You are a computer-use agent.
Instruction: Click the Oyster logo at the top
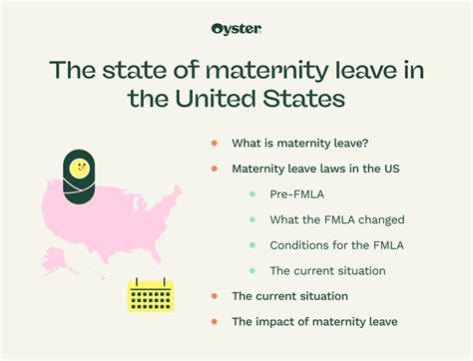pyautogui.click(x=236, y=28)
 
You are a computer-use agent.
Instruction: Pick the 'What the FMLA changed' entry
pyautogui.click(x=336, y=219)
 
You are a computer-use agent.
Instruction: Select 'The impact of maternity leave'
pyautogui.click(x=313, y=321)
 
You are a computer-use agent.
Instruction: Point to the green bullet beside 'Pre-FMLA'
pyautogui.click(x=252, y=194)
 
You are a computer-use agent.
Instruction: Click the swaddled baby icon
pyautogui.click(x=80, y=178)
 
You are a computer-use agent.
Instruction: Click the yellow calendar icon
pyautogui.click(x=151, y=295)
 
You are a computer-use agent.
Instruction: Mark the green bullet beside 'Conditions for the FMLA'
pyautogui.click(x=252, y=244)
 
